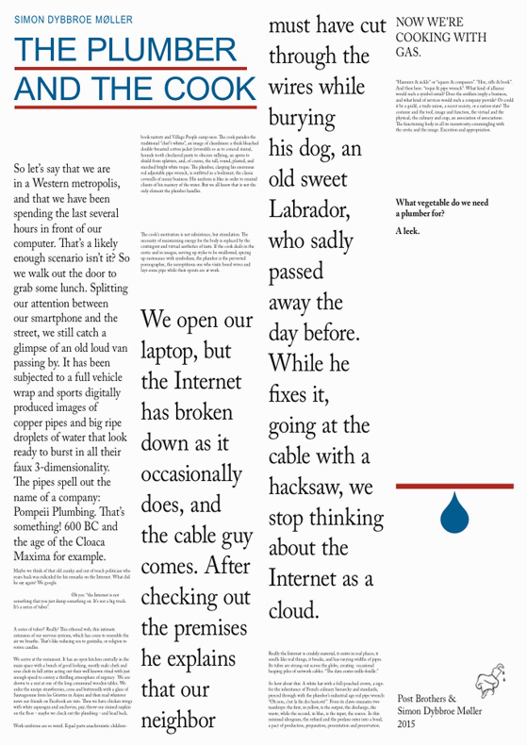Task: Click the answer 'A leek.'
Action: [410, 232]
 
